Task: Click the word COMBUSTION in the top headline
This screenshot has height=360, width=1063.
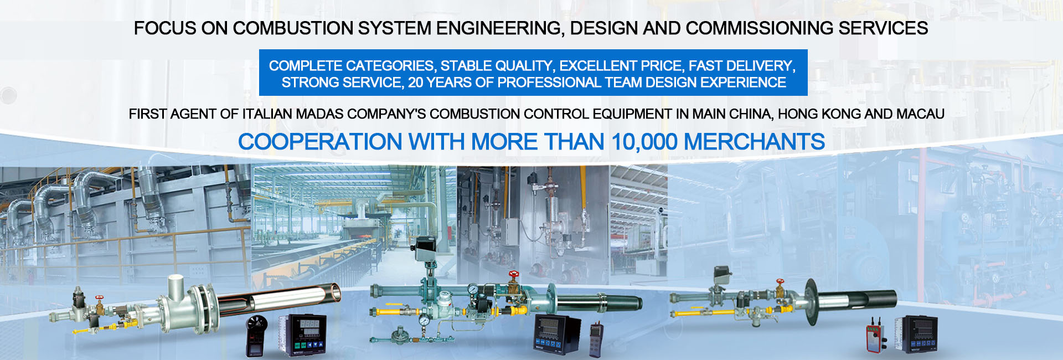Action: tap(293, 28)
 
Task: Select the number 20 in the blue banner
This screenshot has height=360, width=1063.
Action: tap(416, 83)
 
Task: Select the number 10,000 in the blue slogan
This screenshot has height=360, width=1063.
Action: tap(644, 142)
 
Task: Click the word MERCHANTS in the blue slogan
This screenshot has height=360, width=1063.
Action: tap(755, 142)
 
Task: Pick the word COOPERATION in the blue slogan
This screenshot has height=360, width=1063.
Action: tap(320, 142)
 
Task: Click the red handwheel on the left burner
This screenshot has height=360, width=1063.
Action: tap(100, 299)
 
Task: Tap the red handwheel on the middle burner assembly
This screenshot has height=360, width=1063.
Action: tap(514, 274)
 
